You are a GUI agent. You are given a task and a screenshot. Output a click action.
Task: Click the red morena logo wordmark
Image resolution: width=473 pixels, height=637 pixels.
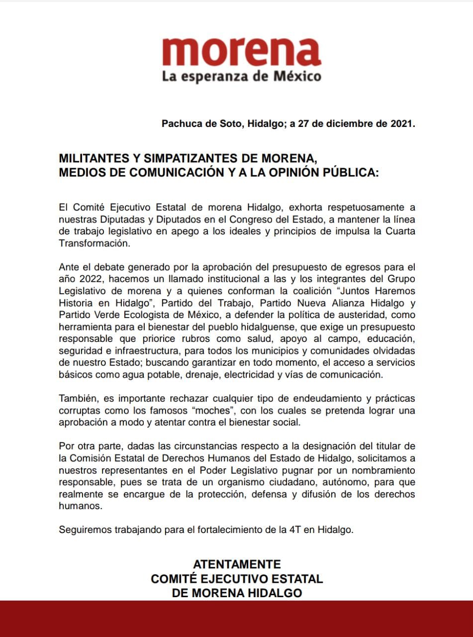click(x=241, y=50)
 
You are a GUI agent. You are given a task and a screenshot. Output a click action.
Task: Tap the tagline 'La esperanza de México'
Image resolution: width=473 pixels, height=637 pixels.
click(x=241, y=77)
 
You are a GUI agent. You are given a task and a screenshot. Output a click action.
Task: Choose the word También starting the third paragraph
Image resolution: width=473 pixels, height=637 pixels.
click(x=78, y=399)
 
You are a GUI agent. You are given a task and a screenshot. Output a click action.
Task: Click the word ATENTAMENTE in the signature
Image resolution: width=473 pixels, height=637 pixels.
click(x=237, y=564)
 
